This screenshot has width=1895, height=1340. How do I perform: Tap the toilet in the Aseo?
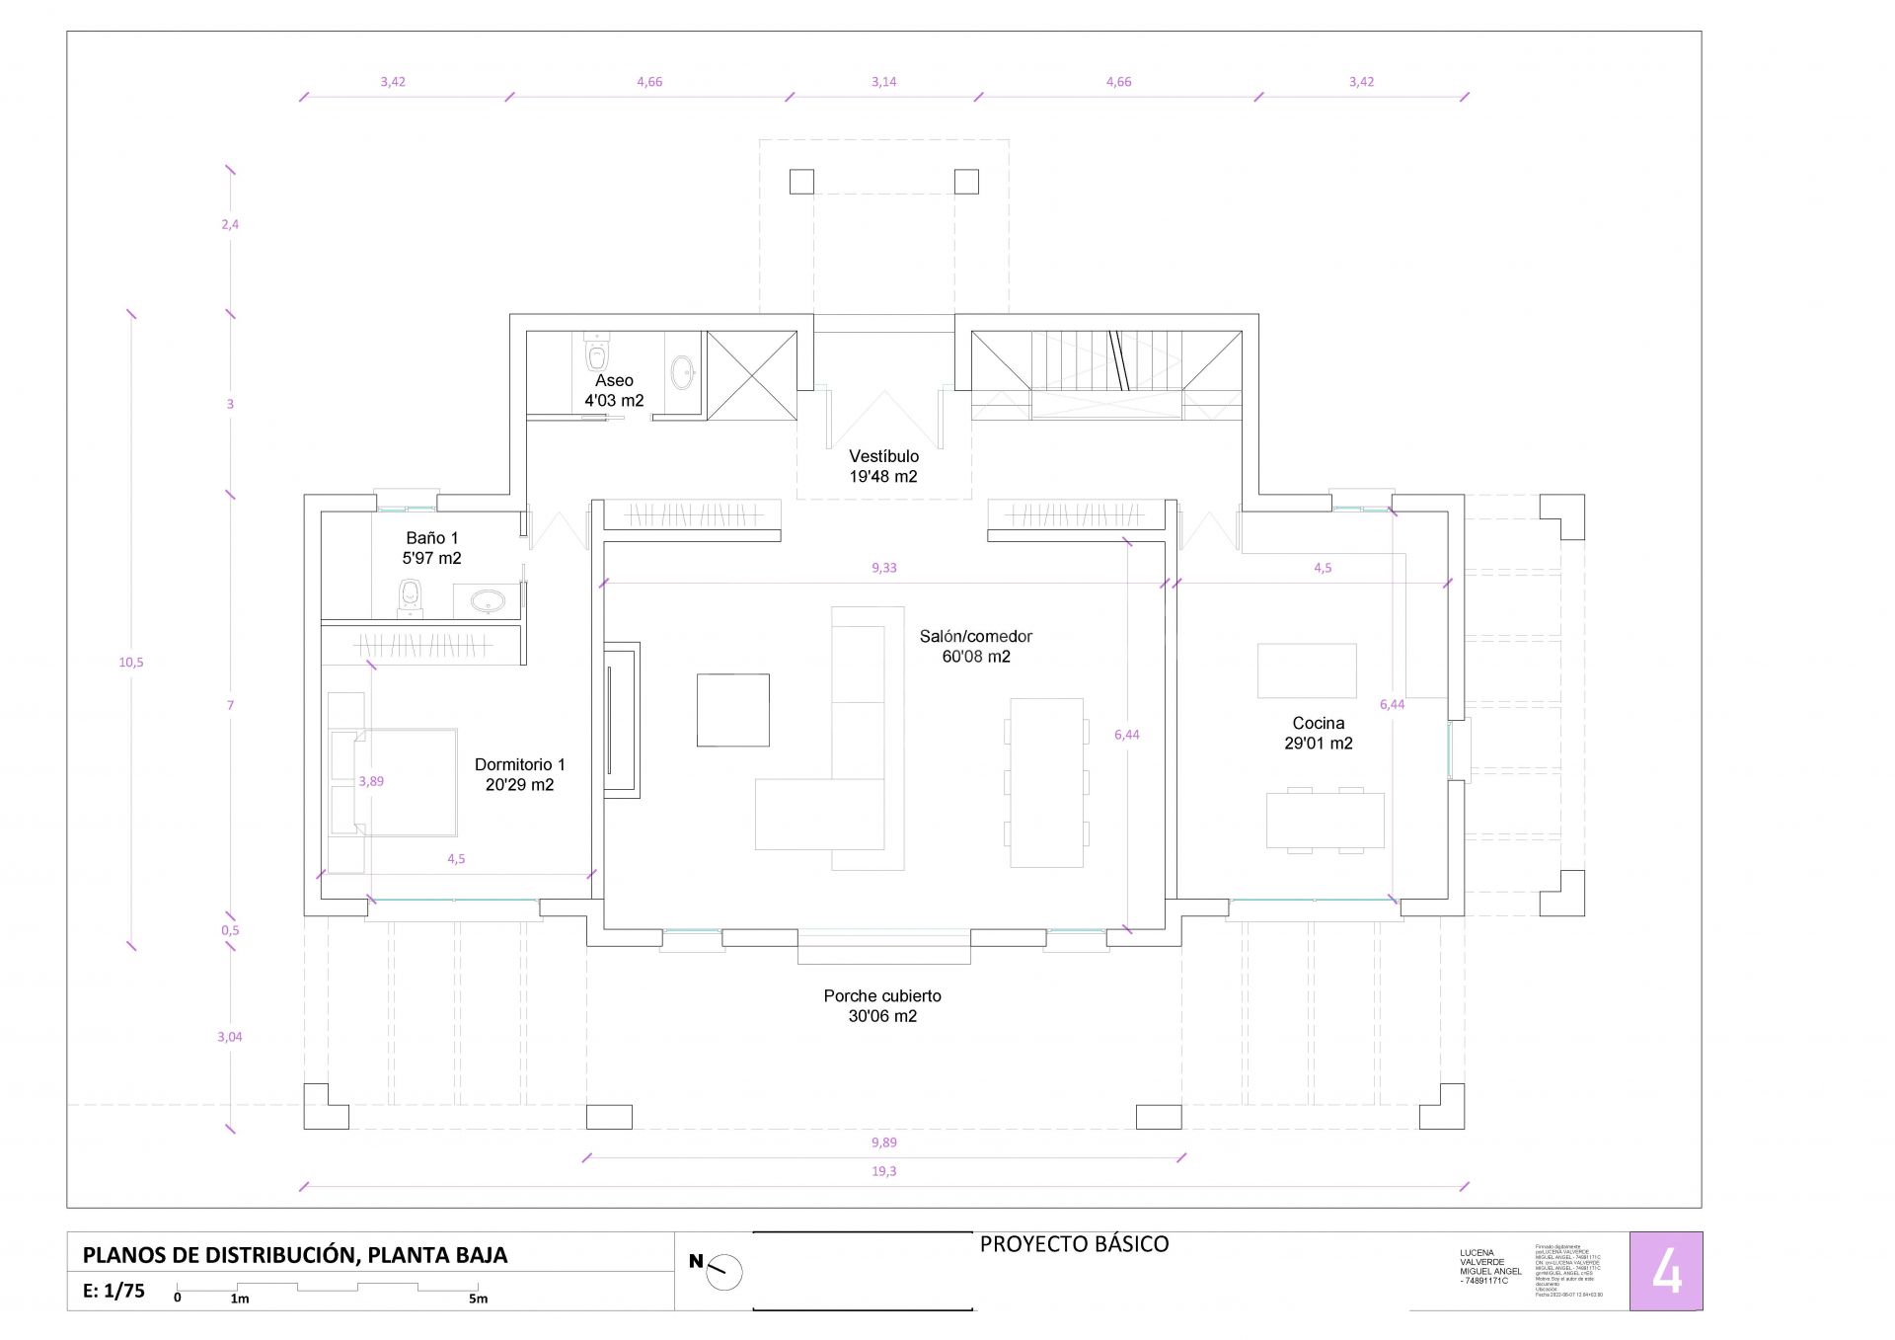tap(596, 353)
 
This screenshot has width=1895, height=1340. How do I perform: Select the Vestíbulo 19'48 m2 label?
tap(883, 466)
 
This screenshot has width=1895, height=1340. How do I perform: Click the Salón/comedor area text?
tap(975, 647)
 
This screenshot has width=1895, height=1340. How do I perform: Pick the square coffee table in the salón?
tap(732, 710)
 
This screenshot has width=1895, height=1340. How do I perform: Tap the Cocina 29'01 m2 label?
tap(1318, 734)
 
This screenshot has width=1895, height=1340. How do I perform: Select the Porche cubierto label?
tap(882, 1006)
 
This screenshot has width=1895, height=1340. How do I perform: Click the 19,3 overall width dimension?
tap(883, 1171)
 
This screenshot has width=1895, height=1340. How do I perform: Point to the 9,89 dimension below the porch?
tap(883, 1143)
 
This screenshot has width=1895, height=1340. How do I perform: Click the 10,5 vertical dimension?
tap(131, 663)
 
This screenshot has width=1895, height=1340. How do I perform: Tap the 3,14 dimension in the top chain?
tap(883, 82)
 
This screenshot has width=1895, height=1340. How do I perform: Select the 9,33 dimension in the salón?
tap(883, 568)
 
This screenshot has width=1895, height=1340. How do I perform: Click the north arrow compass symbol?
tap(724, 1272)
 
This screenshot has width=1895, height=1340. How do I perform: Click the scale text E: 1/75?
tap(114, 1291)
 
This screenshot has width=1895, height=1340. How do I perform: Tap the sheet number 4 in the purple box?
tap(1666, 1272)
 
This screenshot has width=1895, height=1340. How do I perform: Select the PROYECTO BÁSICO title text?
tap(1074, 1244)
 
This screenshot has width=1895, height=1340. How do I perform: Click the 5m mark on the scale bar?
tap(478, 1299)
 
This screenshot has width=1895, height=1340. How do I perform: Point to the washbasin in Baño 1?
tap(487, 600)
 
